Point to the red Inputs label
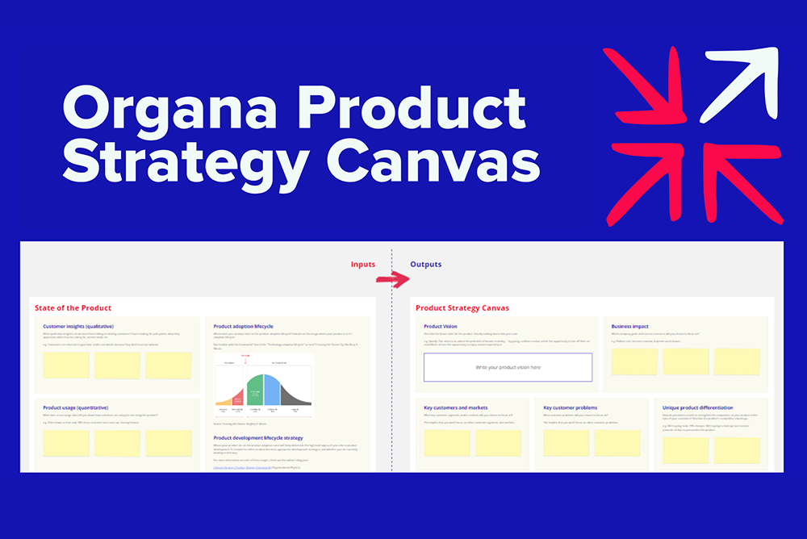click(x=362, y=265)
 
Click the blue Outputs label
click(x=425, y=265)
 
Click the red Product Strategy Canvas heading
click(x=462, y=308)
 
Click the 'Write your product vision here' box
click(x=508, y=367)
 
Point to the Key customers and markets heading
click(x=455, y=407)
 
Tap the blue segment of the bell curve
click(x=272, y=391)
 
